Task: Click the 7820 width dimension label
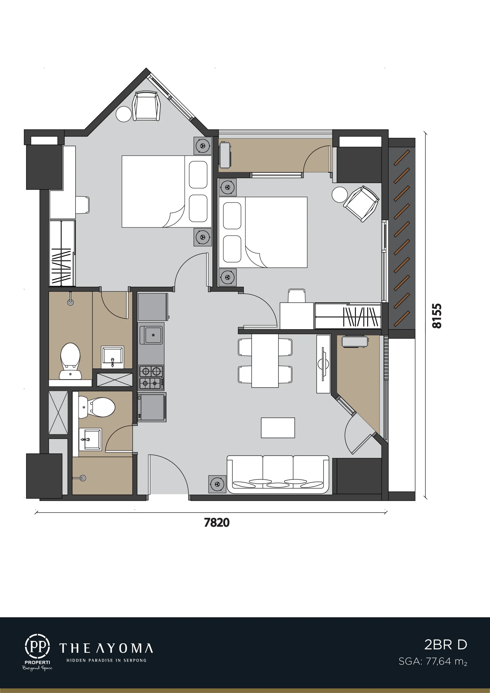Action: point(217,522)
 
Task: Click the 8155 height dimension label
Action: point(437,316)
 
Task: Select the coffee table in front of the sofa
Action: point(278,428)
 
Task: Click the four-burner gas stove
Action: point(151,377)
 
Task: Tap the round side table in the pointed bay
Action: point(124,114)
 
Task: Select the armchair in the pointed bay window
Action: point(146,106)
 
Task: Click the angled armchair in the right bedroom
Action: point(361,204)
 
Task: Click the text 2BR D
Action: point(446,645)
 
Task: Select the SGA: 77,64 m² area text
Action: point(433,661)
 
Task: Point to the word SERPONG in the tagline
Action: point(135,660)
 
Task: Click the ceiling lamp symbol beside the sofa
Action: point(217,484)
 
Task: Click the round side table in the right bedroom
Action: point(340,195)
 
